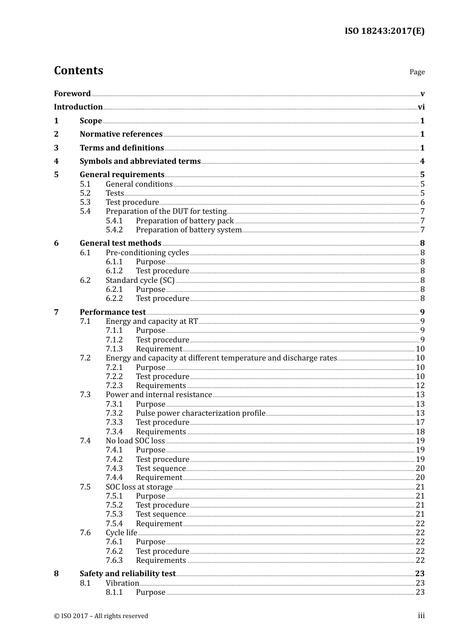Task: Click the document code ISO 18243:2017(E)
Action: point(384,31)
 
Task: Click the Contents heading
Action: point(78,70)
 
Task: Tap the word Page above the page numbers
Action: point(417,72)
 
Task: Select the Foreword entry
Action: point(72,93)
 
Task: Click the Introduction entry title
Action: point(78,107)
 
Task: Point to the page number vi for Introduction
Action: point(421,107)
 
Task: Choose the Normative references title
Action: point(121,134)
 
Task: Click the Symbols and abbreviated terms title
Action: point(140,161)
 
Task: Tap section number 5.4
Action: point(85,211)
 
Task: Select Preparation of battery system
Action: point(189,230)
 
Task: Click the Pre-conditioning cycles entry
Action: point(147,253)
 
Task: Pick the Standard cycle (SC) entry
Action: point(140,280)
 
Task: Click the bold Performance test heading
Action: point(113,312)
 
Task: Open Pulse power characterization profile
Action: point(200,413)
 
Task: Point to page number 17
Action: point(420,422)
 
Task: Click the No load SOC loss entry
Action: point(135,441)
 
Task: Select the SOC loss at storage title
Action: point(139,487)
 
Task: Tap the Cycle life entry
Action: point(122,533)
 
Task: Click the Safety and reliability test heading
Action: point(127,574)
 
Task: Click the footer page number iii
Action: point(421,616)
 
